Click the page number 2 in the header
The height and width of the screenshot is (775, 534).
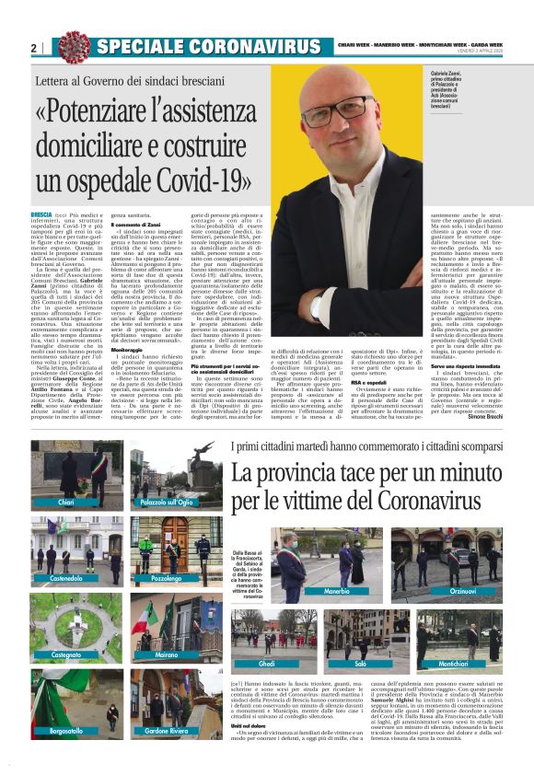33,48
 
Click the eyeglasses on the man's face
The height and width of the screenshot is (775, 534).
346,106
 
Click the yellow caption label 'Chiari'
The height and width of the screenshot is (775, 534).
65,503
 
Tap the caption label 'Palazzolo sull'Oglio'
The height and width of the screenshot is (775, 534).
167,503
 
